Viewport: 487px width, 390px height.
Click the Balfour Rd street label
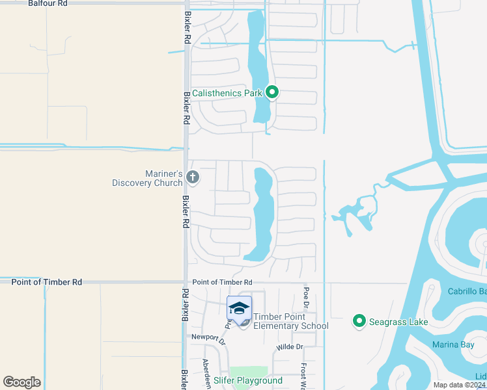click(48, 3)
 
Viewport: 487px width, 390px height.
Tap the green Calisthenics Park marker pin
click(273, 93)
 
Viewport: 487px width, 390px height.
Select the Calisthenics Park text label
click(227, 93)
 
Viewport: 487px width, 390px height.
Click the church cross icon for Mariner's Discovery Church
click(192, 176)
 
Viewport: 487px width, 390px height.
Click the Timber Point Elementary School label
click(291, 321)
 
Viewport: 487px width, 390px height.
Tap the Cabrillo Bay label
click(467, 291)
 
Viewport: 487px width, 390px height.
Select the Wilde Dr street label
click(290, 347)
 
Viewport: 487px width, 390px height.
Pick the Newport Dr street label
click(208, 337)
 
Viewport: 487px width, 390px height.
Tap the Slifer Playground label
click(248, 380)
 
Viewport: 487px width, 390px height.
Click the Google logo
click(21, 382)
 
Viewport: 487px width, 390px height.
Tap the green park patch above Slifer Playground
click(249, 370)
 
